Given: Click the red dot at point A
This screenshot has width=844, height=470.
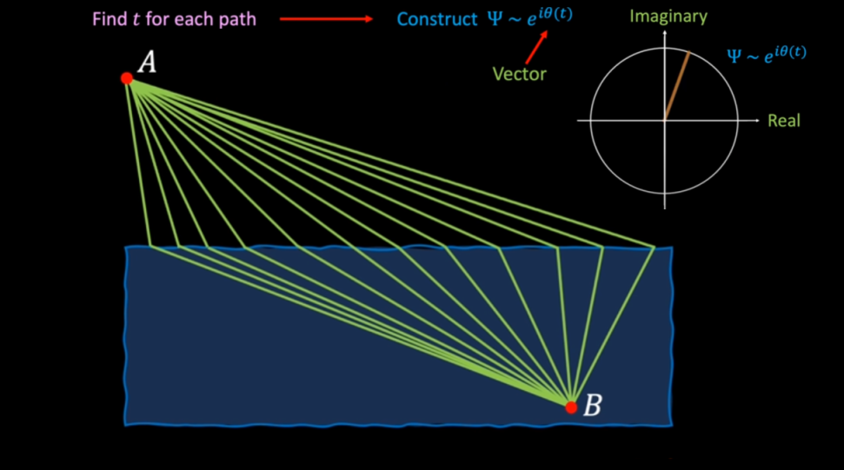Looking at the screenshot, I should (127, 78).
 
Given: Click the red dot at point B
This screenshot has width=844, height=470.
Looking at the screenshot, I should (571, 407).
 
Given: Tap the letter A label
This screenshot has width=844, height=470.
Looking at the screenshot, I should (147, 63).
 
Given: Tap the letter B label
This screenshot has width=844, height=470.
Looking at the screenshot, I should (591, 405).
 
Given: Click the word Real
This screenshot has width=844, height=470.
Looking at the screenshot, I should (783, 121).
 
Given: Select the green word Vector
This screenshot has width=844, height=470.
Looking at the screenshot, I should (519, 74).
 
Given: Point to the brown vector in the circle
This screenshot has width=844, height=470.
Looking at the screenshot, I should (676, 86).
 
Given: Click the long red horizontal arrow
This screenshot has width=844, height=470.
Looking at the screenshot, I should (326, 19).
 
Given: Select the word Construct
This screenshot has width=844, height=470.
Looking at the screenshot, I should (436, 19).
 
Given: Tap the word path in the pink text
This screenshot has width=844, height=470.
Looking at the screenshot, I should (235, 19).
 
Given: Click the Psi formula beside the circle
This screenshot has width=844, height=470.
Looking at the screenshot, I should (766, 53).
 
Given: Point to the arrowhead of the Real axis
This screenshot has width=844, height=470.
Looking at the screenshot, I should (758, 120).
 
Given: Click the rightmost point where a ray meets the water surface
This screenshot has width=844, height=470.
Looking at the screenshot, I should (654, 247).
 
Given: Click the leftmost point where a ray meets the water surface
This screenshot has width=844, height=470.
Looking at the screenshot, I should (150, 247).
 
